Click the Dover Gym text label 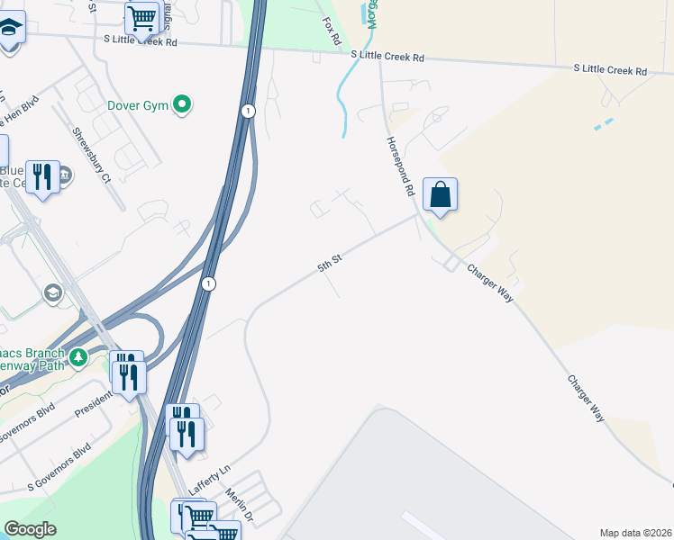pyautogui.click(x=139, y=106)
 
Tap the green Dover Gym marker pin pyautogui.click(x=182, y=106)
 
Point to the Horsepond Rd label pyautogui.click(x=399, y=166)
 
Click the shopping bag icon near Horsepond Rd pyautogui.click(x=440, y=195)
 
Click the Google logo pyautogui.click(x=30, y=529)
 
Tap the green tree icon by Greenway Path pyautogui.click(x=79, y=357)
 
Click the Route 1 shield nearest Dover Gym pyautogui.click(x=247, y=111)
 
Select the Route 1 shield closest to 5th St pyautogui.click(x=209, y=283)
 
